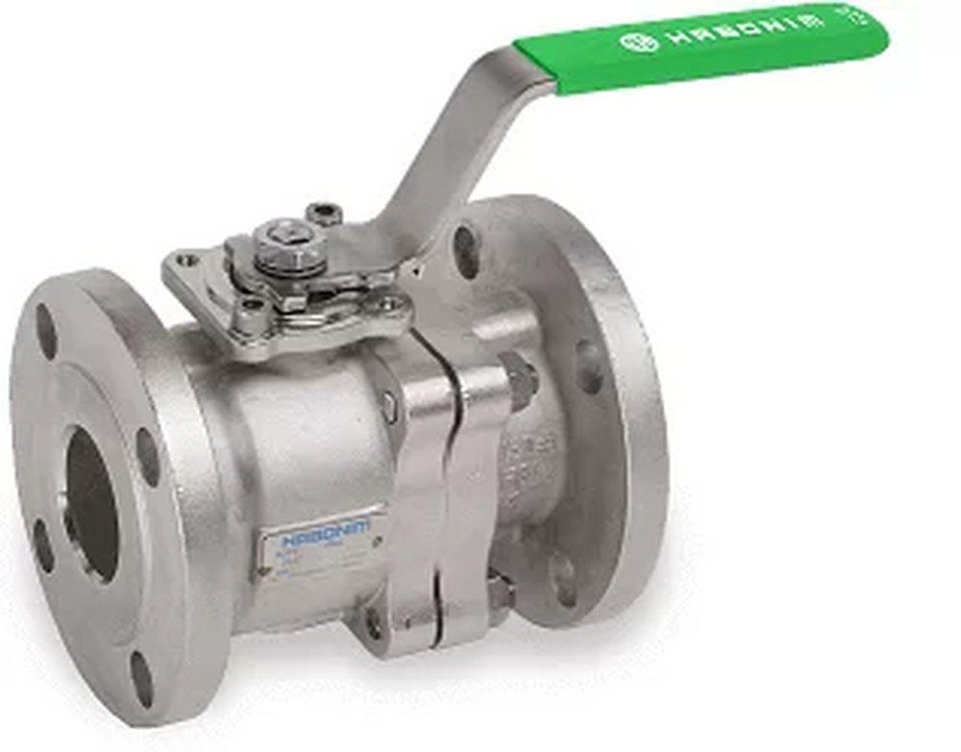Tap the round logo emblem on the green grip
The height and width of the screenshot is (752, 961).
637,41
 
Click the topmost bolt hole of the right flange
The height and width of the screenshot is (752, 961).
465,246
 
